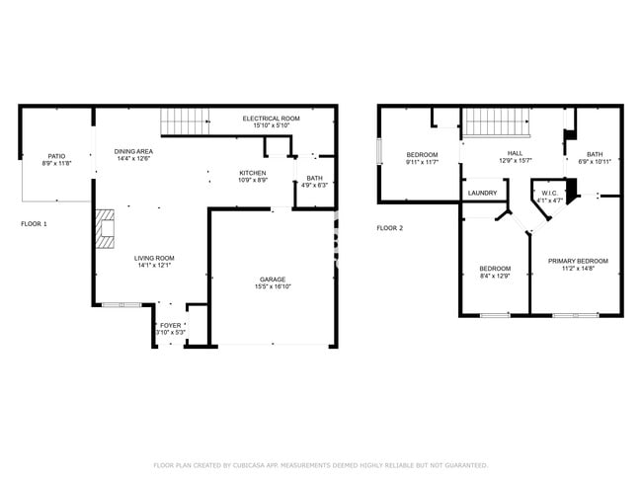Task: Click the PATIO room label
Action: [x=57, y=156]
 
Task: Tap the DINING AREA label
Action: [x=133, y=151]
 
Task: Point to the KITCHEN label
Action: [x=252, y=173]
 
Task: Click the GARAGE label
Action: [x=273, y=280]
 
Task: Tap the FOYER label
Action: [x=171, y=324]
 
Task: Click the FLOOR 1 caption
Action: [x=34, y=224]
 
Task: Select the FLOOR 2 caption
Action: [x=389, y=228]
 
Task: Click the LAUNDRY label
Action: [x=482, y=193]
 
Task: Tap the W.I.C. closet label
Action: [x=548, y=194]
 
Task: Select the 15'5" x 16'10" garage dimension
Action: [x=273, y=286]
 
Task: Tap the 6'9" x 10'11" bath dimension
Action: [x=594, y=161]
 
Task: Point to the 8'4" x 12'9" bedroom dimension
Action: [x=495, y=276]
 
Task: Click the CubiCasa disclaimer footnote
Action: [x=321, y=465]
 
